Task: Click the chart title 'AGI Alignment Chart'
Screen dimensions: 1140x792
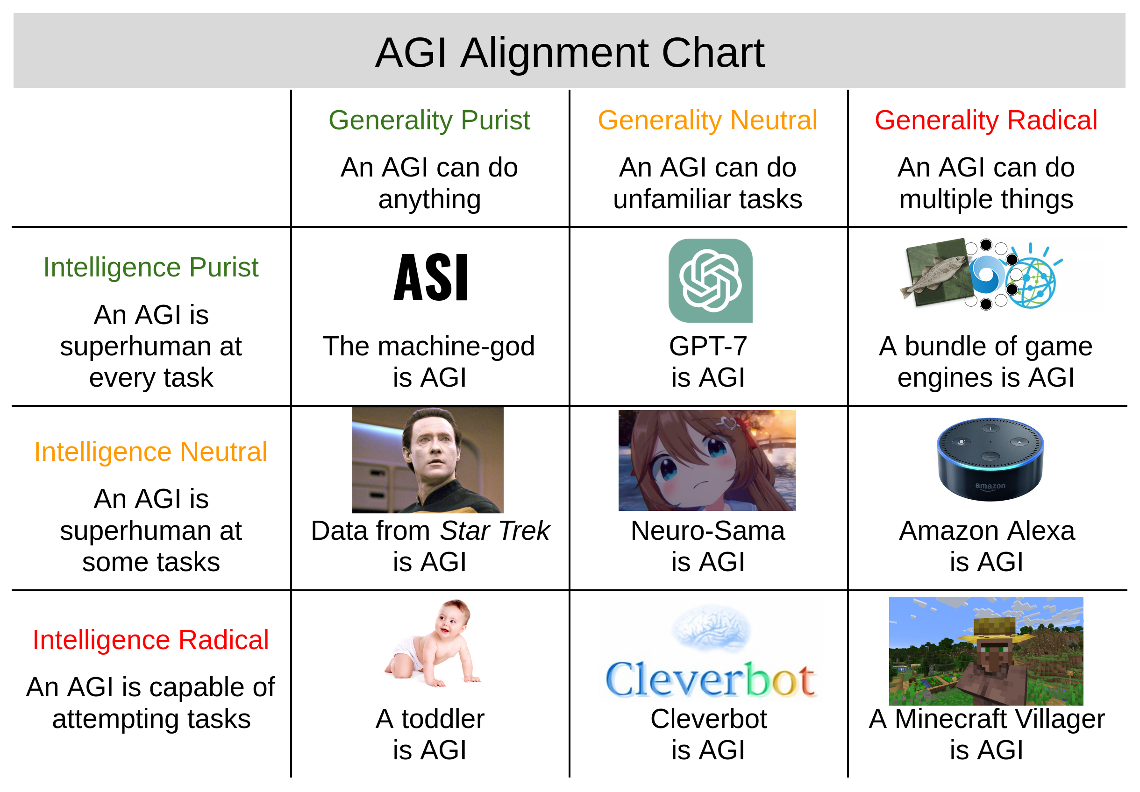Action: [570, 53]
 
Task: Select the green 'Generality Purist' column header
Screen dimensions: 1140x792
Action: [429, 120]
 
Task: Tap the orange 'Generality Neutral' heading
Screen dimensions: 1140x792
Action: [707, 120]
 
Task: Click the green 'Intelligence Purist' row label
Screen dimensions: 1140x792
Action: [151, 268]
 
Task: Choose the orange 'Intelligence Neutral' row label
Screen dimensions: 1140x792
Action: [151, 452]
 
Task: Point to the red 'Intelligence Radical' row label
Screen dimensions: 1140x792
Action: [151, 640]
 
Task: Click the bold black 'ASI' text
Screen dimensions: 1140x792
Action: [430, 277]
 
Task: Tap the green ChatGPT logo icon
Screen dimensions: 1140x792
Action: [711, 281]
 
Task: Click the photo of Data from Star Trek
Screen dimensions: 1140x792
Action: [428, 460]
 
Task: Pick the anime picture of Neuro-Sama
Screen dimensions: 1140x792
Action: [707, 460]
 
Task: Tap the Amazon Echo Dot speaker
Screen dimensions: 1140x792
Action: [990, 460]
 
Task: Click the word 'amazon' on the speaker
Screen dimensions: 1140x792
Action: [990, 486]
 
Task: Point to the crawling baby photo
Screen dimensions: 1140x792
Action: [432, 643]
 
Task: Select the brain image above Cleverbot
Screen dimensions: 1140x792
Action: [711, 628]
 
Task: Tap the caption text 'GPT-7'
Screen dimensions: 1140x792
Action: [708, 346]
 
